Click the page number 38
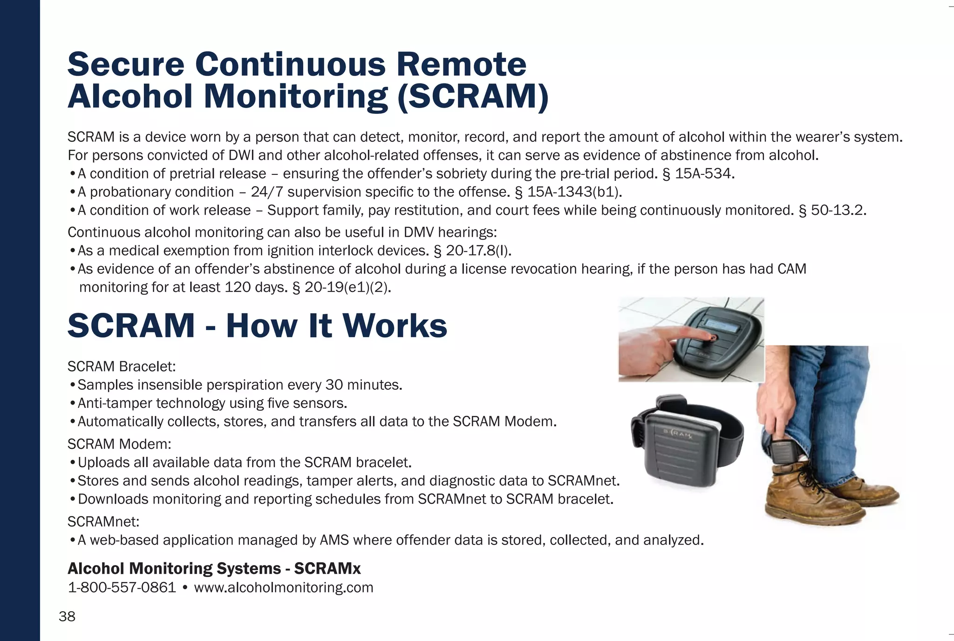pyautogui.click(x=67, y=616)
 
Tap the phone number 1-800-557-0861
pyautogui.click(x=122, y=587)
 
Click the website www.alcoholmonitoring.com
pyautogui.click(x=284, y=587)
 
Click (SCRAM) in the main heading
pyautogui.click(x=473, y=96)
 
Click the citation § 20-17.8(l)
pyautogui.click(x=472, y=251)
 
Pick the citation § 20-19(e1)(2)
pyautogui.click(x=341, y=287)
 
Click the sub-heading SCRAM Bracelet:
pyautogui.click(x=122, y=366)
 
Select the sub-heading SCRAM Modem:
pyautogui.click(x=119, y=444)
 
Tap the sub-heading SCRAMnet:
pyautogui.click(x=103, y=521)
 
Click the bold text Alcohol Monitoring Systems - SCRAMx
pyautogui.click(x=214, y=568)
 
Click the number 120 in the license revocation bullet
pyautogui.click(x=238, y=287)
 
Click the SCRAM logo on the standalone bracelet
pyautogui.click(x=677, y=434)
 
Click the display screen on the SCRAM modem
pyautogui.click(x=721, y=324)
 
